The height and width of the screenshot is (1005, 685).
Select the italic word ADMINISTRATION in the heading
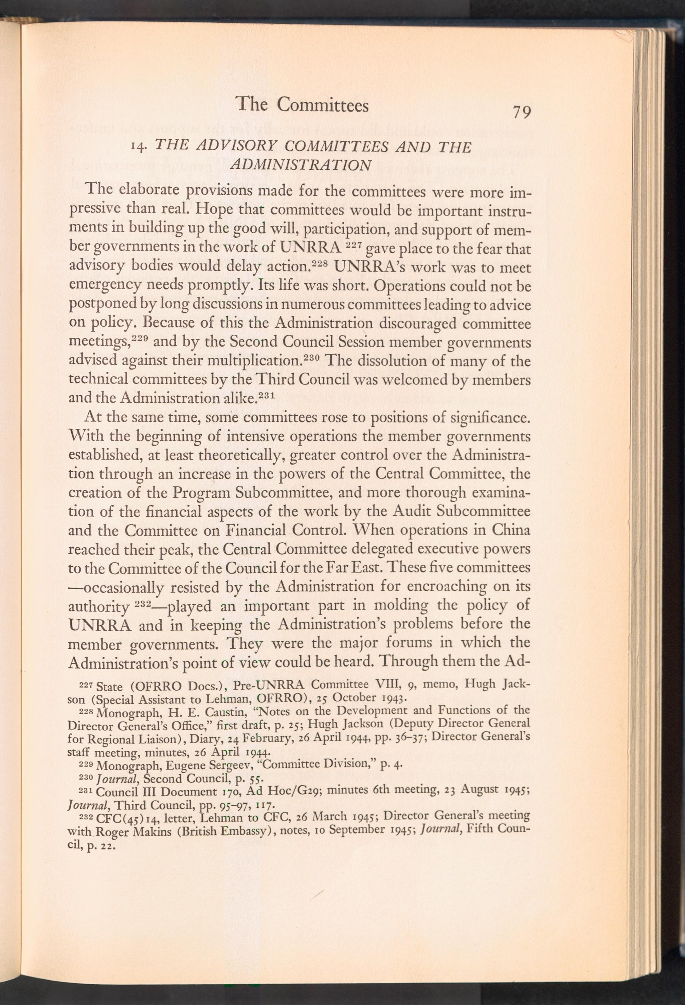click(301, 165)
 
